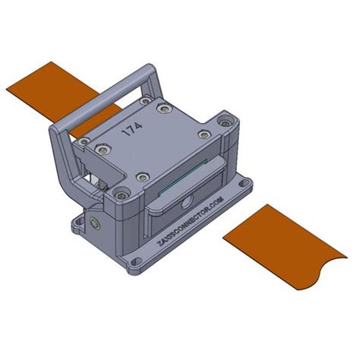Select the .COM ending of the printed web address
[216, 204]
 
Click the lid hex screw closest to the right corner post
[204, 134]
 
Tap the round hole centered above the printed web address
[185, 204]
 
